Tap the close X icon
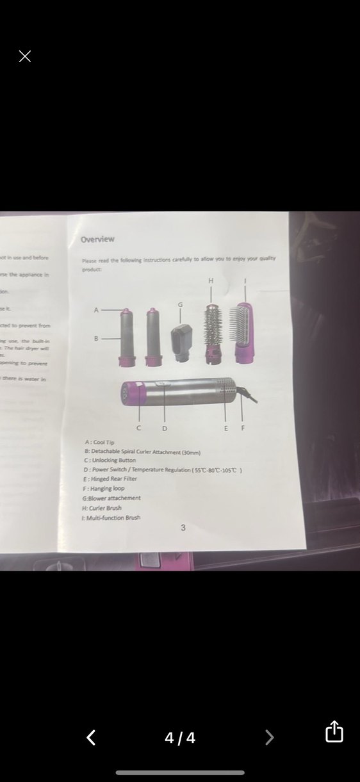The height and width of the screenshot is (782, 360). click(25, 56)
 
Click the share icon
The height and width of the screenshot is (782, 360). click(334, 731)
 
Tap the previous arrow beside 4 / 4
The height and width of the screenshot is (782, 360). click(91, 738)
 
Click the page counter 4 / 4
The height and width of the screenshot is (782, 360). click(180, 738)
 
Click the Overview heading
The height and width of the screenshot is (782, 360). click(97, 240)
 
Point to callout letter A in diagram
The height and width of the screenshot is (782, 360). click(97, 310)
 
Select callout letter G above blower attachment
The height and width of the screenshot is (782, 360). click(180, 305)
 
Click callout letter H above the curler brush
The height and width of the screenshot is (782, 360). click(211, 281)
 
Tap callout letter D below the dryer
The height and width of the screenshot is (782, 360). click(165, 428)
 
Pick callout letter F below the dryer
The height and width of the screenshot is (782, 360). click(242, 428)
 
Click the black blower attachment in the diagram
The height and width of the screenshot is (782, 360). click(181, 342)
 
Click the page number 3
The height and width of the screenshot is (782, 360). click(183, 528)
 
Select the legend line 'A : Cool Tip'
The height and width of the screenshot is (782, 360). click(99, 443)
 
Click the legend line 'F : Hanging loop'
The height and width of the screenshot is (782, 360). click(104, 489)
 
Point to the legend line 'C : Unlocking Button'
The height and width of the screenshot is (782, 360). click(110, 460)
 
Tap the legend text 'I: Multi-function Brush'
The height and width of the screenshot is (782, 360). click(111, 517)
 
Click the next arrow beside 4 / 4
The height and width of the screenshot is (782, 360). click(269, 738)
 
